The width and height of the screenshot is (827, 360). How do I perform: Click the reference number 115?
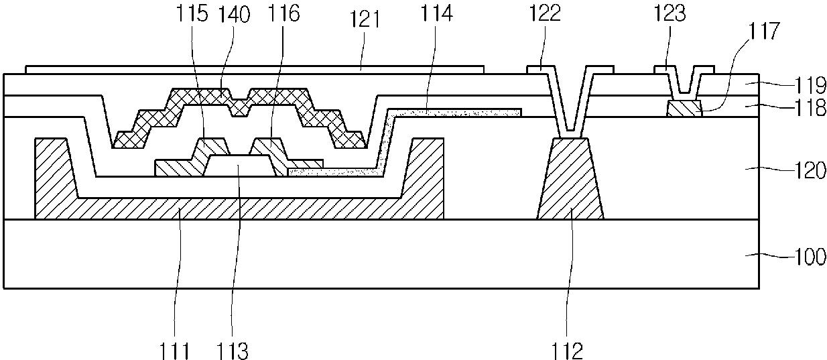pyautogui.click(x=192, y=13)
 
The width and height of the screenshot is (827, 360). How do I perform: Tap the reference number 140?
pyautogui.click(x=234, y=15)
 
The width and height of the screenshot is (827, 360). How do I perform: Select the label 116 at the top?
pyautogui.click(x=283, y=13)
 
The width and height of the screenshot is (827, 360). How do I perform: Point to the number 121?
pyautogui.click(x=365, y=19)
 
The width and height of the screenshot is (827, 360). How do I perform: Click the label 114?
pyautogui.click(x=437, y=13)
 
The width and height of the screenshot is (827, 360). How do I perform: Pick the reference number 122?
pyautogui.click(x=545, y=13)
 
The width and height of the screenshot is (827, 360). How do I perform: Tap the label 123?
pyautogui.click(x=670, y=13)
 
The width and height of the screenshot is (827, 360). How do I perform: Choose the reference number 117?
pyautogui.click(x=763, y=31)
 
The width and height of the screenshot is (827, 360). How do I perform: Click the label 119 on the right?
pyautogui.click(x=810, y=85)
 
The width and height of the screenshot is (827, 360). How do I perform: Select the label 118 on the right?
pyautogui.click(x=810, y=107)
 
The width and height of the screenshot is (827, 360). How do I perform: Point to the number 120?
pyautogui.click(x=810, y=170)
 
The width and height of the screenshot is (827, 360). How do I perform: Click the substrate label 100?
pyautogui.click(x=810, y=257)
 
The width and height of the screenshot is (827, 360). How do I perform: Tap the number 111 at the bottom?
pyautogui.click(x=175, y=351)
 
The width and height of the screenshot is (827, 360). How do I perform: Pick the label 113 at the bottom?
pyautogui.click(x=232, y=351)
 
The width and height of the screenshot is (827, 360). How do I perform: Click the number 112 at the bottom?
pyautogui.click(x=567, y=351)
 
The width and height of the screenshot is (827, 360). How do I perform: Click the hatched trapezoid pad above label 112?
pyautogui.click(x=570, y=179)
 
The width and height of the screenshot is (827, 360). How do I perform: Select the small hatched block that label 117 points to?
pyautogui.click(x=684, y=109)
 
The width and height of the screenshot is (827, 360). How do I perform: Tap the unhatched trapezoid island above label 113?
pyautogui.click(x=240, y=166)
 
